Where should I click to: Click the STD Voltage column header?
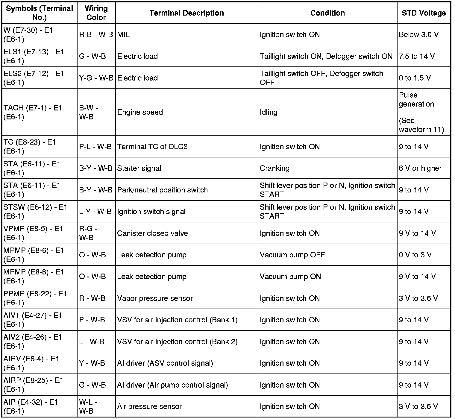click(424, 13)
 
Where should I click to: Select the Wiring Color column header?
click(96, 13)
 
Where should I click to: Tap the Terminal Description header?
click(186, 13)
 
